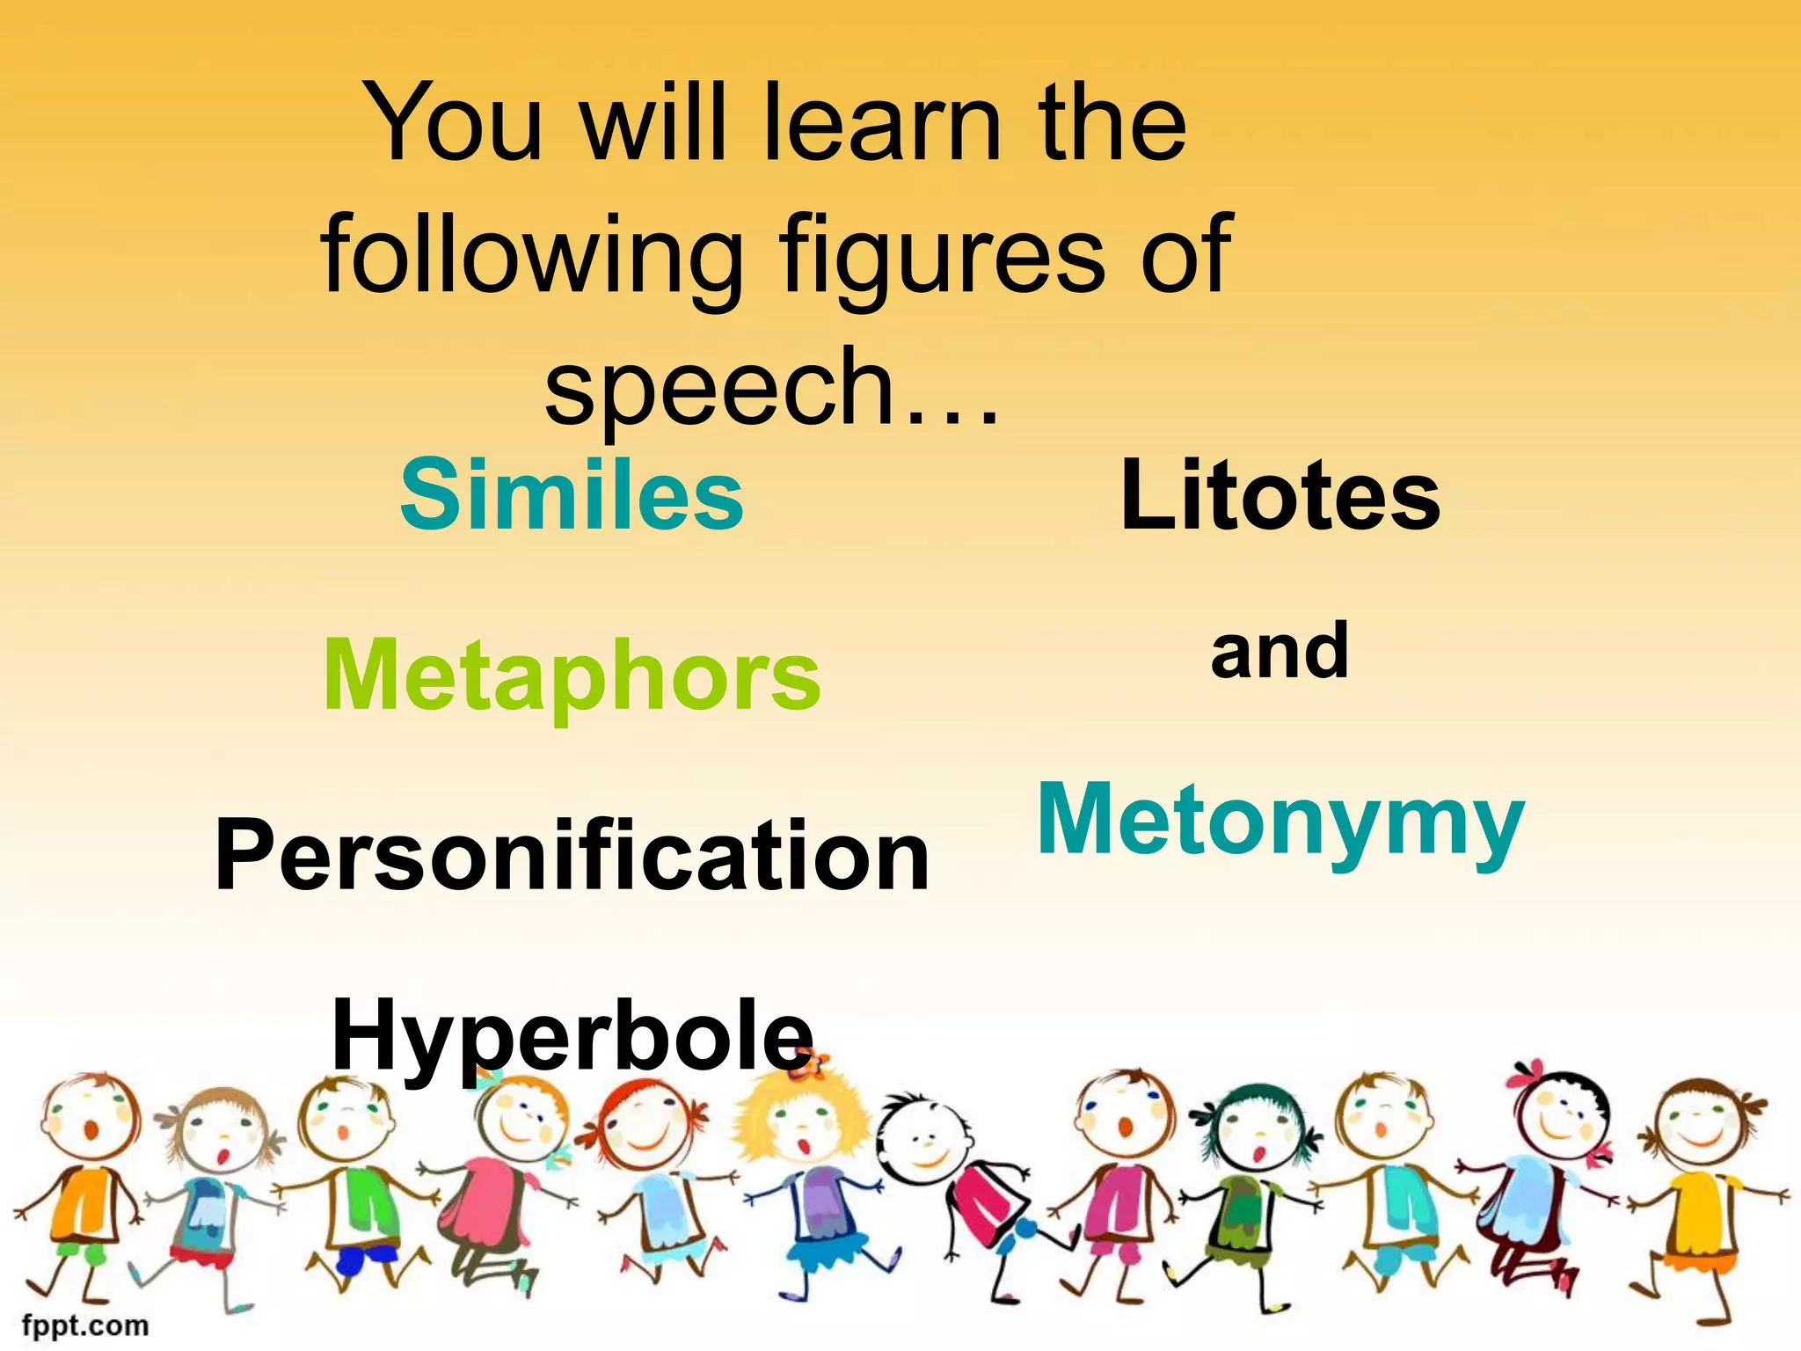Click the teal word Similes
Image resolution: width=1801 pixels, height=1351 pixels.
572,496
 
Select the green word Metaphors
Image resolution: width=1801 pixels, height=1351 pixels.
572,675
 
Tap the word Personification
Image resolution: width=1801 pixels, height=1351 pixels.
572,855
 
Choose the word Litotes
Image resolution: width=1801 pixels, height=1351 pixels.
1280,496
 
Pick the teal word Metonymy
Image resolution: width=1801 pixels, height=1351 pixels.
1280,820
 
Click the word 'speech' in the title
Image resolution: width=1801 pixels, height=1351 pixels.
719,387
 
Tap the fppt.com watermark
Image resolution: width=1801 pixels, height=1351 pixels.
85,1325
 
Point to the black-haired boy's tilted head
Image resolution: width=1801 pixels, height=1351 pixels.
923,1143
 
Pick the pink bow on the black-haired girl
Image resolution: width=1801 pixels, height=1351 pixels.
1530,1074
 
